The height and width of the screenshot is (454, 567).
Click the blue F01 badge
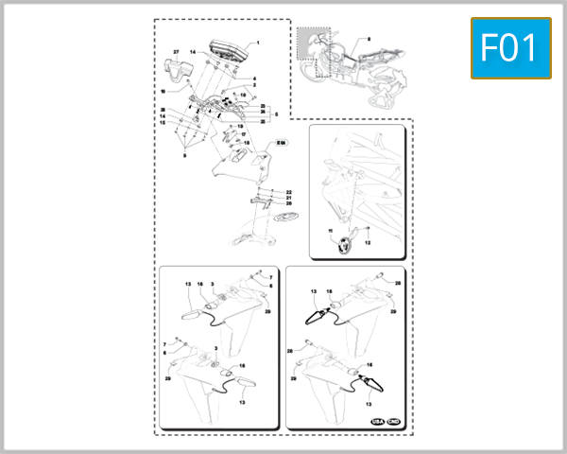511,47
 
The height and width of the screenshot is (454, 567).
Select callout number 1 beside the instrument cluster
258,44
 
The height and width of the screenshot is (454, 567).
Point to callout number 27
176,49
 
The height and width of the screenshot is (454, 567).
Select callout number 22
289,192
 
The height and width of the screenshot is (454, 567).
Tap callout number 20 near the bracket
289,203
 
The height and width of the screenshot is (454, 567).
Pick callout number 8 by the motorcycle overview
369,39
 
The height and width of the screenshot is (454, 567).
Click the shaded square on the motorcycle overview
311,44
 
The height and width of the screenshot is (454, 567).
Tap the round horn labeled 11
342,245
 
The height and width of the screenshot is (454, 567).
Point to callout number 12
369,242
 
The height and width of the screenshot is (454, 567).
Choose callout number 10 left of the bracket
162,92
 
